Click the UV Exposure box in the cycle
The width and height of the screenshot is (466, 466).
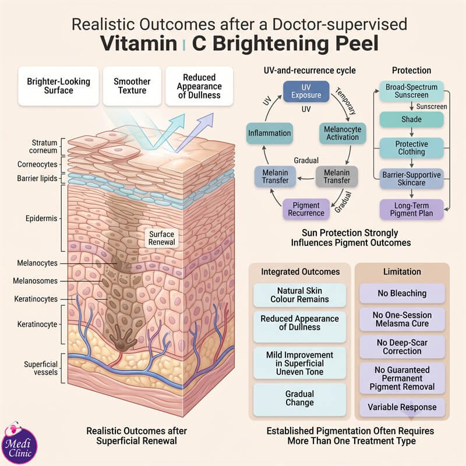click(x=306, y=91)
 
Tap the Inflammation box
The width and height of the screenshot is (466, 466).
click(x=270, y=133)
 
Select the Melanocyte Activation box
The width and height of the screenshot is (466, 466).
click(x=343, y=133)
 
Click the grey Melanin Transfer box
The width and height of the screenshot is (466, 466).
click(x=337, y=176)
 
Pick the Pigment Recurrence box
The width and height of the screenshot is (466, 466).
click(x=306, y=209)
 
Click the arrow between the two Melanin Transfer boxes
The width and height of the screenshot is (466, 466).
click(x=306, y=179)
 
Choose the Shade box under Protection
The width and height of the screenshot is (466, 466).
click(x=412, y=119)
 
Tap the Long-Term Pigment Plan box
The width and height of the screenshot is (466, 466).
click(x=412, y=209)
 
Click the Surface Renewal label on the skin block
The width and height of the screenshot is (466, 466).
click(x=162, y=238)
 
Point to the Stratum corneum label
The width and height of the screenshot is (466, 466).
click(x=43, y=147)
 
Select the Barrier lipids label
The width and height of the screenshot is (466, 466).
click(x=37, y=178)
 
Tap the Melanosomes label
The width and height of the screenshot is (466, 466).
click(x=35, y=281)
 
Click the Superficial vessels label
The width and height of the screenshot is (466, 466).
click(x=41, y=368)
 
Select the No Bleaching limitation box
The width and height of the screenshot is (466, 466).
click(x=402, y=294)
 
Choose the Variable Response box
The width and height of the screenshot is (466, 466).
click(x=402, y=407)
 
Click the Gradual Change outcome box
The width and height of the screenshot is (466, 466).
click(x=299, y=398)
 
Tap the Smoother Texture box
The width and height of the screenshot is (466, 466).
click(x=132, y=86)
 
